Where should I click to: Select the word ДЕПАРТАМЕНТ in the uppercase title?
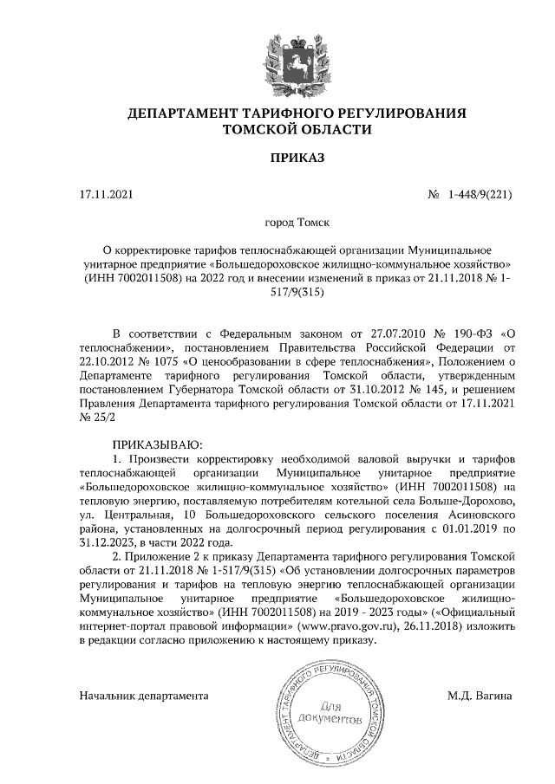point(183,113)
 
